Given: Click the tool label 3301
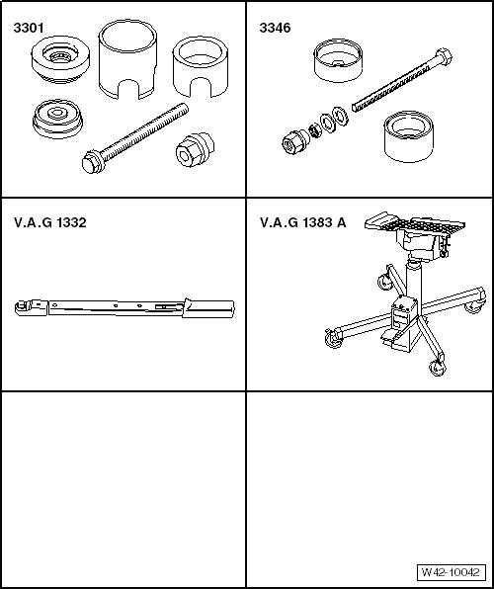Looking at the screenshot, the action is click(x=29, y=28).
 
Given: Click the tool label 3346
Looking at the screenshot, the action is click(x=275, y=28).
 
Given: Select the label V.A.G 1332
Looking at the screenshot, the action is click(x=50, y=222).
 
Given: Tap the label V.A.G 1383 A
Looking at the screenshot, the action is click(x=302, y=222).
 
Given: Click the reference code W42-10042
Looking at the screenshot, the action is click(x=451, y=572).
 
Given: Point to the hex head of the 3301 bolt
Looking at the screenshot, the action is click(x=91, y=163).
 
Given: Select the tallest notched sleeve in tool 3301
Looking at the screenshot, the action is click(x=127, y=59).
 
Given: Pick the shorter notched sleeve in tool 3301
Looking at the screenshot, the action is click(x=201, y=66).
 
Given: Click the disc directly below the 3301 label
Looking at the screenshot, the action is click(x=60, y=58).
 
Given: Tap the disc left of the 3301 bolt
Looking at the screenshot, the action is click(x=57, y=119).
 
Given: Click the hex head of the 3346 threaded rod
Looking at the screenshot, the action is click(x=444, y=56).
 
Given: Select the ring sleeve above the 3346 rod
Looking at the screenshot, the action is click(x=338, y=60).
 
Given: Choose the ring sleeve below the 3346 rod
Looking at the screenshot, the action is click(x=408, y=136).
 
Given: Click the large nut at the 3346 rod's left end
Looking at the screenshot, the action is click(x=295, y=141).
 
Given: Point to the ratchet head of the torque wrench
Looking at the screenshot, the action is click(x=31, y=307).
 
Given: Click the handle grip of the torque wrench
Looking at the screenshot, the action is click(x=208, y=308).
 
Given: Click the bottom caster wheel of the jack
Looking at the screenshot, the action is click(x=436, y=368).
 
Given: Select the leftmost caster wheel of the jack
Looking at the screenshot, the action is click(x=332, y=338).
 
